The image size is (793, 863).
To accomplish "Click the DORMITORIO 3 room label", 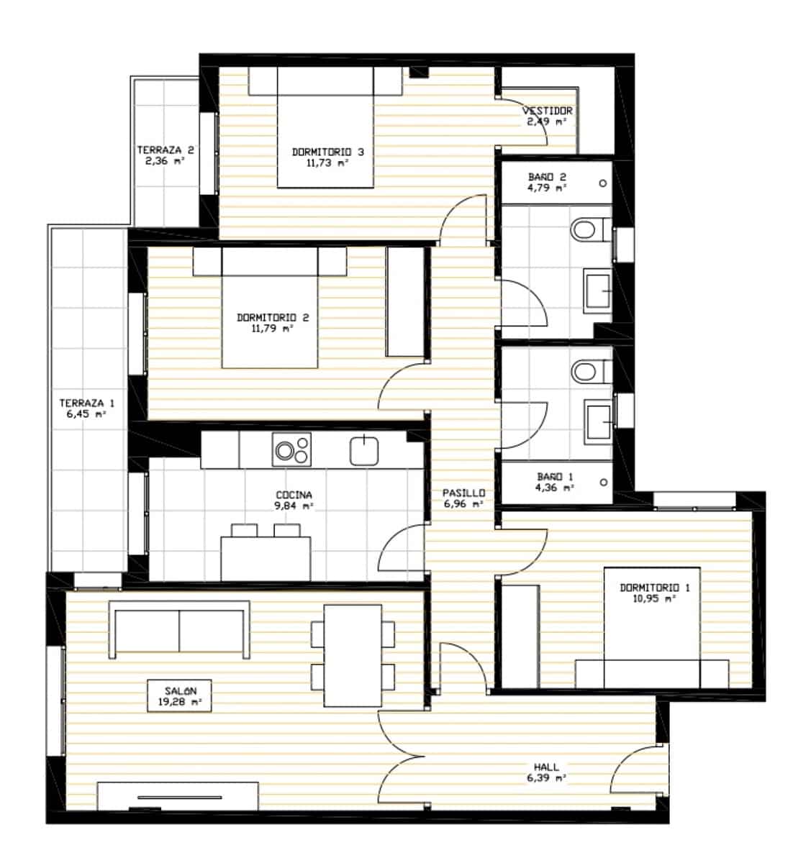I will click(x=327, y=152).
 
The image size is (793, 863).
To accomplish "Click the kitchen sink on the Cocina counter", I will click(x=364, y=450).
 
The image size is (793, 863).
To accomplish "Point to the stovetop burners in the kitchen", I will click(x=291, y=449).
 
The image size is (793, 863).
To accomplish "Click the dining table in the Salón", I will click(x=352, y=655).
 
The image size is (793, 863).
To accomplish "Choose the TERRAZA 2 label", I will click(x=166, y=150).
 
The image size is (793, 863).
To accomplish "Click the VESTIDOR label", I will click(x=547, y=111).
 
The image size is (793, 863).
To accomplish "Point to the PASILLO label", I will click(x=463, y=493).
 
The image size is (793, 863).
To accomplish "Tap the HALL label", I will click(x=546, y=767).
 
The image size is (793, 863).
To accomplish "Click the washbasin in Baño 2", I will click(x=597, y=291).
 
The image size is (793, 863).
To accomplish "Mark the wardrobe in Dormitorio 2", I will click(x=405, y=301).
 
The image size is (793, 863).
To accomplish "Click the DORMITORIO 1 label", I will click(x=654, y=588).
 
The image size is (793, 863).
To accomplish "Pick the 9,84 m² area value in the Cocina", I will click(x=294, y=506).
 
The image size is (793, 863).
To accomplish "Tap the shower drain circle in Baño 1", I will click(x=603, y=482).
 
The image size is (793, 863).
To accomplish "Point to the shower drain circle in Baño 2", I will click(x=603, y=183).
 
